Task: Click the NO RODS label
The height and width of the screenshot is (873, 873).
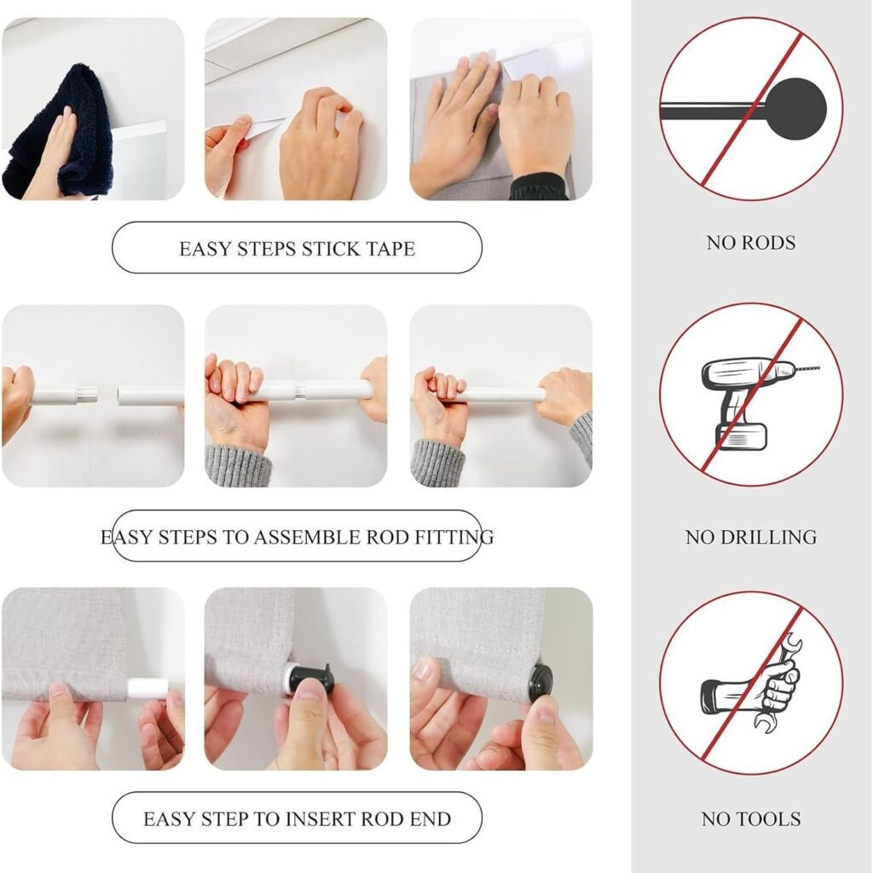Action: (750, 243)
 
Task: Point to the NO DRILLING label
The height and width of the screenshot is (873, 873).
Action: (750, 537)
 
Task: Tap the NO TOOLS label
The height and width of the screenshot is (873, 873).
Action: (750, 819)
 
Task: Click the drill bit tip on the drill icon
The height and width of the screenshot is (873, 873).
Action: (818, 368)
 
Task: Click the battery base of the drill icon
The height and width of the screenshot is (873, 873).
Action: (741, 437)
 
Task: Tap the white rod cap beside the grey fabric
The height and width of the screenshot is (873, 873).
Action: (146, 689)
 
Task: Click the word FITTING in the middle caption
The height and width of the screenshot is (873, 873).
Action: (454, 537)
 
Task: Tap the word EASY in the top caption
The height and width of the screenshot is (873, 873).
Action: (205, 248)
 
